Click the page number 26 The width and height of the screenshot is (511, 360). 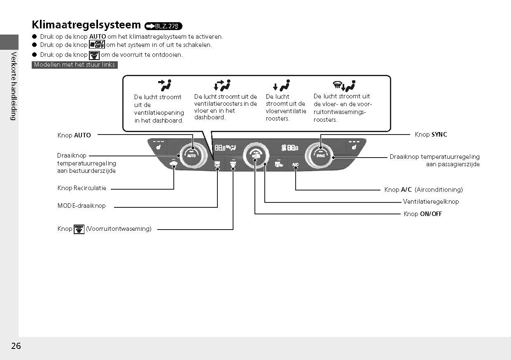(x=16, y=346)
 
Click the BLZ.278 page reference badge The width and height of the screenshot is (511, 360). (x=163, y=26)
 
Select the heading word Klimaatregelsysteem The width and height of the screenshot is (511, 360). (x=86, y=25)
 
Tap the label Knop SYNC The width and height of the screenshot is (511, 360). (x=431, y=135)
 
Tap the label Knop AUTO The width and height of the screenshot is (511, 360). (x=74, y=135)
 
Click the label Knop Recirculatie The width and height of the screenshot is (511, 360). (x=82, y=188)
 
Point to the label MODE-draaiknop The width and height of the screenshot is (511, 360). (x=82, y=206)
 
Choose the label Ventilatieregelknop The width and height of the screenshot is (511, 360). (x=431, y=202)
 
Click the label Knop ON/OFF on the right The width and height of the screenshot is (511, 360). (x=422, y=214)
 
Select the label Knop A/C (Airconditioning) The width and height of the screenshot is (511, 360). (x=423, y=190)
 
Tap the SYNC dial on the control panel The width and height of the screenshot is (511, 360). (x=320, y=156)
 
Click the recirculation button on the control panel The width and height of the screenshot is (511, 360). (x=173, y=164)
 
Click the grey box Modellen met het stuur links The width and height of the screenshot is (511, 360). (x=75, y=65)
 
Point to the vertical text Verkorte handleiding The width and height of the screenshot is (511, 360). (x=13, y=86)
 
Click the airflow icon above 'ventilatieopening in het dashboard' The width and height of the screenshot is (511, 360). (x=165, y=86)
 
